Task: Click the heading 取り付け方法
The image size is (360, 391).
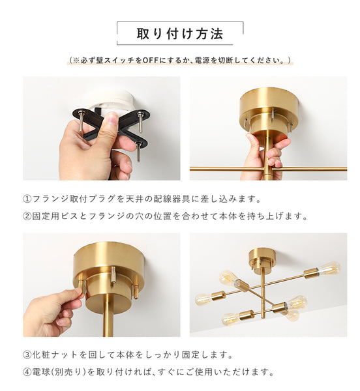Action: pos(179,33)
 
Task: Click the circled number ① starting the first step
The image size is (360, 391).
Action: pos(27,198)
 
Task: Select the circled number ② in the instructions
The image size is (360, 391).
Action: pos(27,216)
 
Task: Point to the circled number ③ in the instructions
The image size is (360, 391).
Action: pos(27,355)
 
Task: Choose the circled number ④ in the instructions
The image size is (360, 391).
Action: pos(27,373)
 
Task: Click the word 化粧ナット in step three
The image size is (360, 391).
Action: pos(54,355)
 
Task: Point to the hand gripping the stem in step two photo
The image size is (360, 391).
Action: pos(263,156)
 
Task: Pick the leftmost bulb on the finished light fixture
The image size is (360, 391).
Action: pos(204,299)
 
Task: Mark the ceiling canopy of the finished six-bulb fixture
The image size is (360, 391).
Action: pos(262,257)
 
